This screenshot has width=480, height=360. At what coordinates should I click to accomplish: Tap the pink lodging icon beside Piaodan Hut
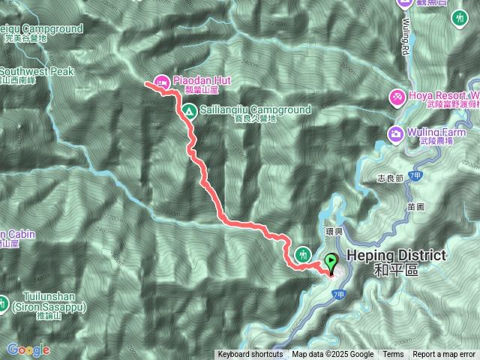161,81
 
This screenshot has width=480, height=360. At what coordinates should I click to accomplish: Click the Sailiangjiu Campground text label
255,109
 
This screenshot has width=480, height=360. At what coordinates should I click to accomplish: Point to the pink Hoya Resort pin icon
396,97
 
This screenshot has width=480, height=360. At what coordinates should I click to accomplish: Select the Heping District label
396,256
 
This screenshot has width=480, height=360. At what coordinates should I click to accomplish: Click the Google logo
28,349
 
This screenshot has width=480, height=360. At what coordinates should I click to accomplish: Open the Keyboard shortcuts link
250,355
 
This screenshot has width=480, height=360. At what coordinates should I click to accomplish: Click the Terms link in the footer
393,355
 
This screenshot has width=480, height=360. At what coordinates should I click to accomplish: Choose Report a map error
444,355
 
